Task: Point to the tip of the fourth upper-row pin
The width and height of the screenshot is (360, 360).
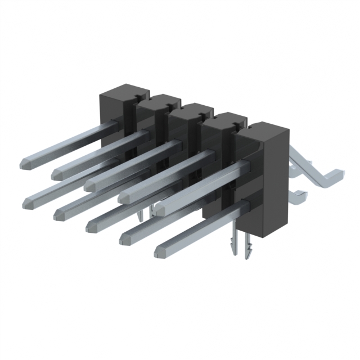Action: (122, 197)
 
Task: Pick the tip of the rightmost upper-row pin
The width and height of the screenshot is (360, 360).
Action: (159, 210)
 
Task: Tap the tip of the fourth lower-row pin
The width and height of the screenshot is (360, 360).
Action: (123, 238)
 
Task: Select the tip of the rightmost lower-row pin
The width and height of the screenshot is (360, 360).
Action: (157, 249)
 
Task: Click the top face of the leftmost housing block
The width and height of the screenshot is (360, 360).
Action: (124, 91)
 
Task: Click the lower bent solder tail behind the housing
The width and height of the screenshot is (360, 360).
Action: (298, 197)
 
